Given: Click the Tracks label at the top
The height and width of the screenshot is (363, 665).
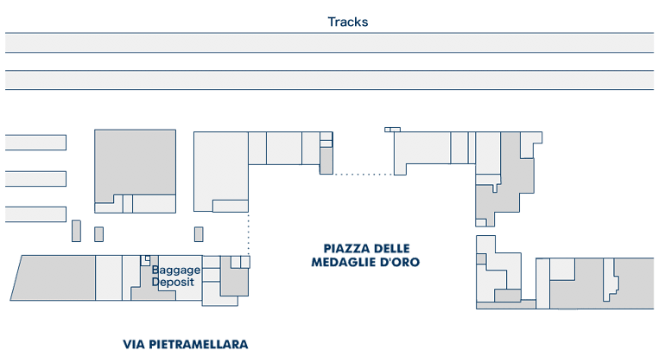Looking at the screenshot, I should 347,22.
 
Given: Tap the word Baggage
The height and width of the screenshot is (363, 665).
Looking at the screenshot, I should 176,270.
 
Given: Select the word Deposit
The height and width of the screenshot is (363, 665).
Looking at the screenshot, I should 174,282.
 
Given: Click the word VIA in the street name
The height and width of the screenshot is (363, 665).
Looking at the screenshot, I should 136,345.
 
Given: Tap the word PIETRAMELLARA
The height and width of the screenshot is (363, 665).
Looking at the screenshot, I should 200,345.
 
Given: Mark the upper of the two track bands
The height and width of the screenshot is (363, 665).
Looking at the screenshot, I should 329,43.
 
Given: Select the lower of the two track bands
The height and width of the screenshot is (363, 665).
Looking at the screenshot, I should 329,80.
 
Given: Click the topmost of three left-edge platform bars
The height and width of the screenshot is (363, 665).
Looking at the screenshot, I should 35,143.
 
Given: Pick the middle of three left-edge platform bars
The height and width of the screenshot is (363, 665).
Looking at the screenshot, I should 35,179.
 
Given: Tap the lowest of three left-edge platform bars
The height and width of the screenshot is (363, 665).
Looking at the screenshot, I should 35,213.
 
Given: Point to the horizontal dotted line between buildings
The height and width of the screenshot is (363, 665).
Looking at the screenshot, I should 363,175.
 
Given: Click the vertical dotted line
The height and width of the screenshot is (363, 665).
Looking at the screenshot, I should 249,233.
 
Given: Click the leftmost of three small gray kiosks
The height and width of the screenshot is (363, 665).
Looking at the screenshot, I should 76,231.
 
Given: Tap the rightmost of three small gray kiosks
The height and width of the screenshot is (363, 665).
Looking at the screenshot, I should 199,234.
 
